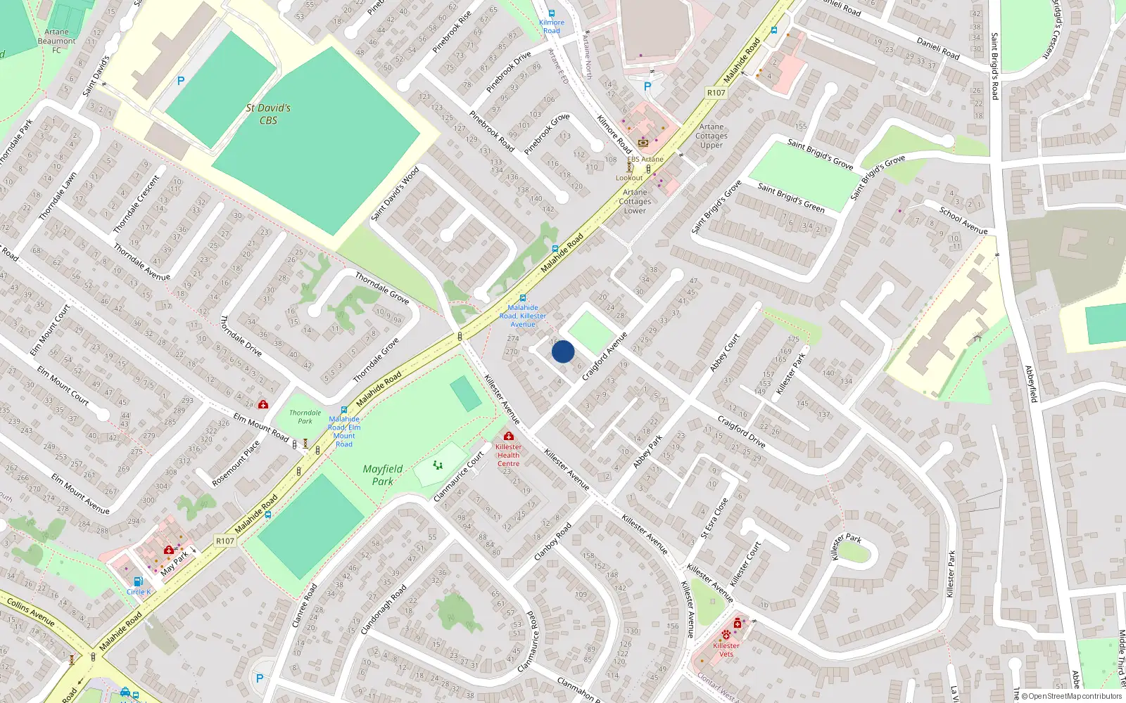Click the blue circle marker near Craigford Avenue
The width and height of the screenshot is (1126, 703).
563,351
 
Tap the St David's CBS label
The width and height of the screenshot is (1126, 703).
268,114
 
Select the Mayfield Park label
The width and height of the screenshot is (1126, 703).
383,475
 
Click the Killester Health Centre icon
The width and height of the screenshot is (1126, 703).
509,437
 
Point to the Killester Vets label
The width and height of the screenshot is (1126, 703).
726,650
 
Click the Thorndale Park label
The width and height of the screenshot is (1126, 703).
305,417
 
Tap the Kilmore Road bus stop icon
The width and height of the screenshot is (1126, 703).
552,13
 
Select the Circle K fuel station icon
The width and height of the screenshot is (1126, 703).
138,581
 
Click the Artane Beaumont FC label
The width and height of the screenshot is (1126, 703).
57,41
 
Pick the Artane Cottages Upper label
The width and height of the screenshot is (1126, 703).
711,136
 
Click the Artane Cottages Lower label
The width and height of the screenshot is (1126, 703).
635,201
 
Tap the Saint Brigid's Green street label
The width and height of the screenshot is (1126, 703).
791,197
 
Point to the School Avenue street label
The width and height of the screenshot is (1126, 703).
963,220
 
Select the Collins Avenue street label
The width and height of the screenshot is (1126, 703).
30,612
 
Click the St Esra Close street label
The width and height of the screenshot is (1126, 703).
714,519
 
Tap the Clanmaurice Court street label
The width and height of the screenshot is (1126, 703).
459,477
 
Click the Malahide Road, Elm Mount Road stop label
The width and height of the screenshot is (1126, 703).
344,432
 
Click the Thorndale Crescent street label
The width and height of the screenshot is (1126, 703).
137,204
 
